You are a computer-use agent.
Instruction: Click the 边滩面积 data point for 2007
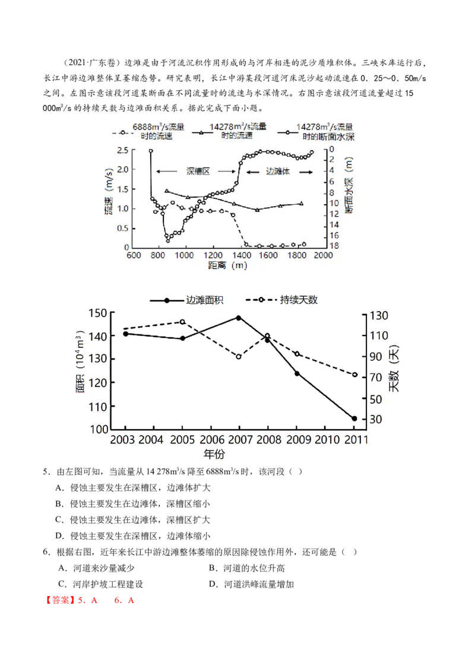pos(239,318)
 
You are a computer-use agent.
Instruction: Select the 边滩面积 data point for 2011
pos(354,419)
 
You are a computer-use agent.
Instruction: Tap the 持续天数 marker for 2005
pos(182,322)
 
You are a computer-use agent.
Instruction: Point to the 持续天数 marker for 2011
pos(355,375)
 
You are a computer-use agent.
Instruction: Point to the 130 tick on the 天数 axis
pos(379,315)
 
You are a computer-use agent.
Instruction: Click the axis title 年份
pos(214,455)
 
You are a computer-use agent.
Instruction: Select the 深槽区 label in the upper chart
pos(198,171)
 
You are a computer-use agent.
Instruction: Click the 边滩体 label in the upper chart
pos(277,171)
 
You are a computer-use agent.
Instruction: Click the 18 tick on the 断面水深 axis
pos(334,246)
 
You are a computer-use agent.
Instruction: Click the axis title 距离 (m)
pos(228,265)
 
